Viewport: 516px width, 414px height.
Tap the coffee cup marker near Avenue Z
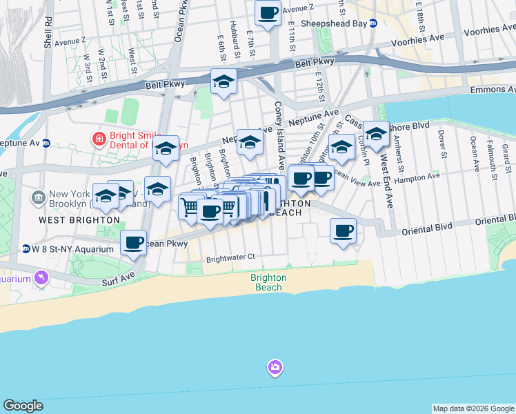268,12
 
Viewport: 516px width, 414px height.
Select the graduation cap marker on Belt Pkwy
224,82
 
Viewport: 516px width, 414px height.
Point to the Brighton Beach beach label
268,282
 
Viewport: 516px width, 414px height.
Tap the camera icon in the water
275,367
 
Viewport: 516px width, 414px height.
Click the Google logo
23,406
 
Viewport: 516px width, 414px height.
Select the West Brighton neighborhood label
79,220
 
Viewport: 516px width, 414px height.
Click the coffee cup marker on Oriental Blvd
342,231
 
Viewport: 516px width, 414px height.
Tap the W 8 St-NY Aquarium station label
72,248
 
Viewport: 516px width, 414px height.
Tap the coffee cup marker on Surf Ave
134,243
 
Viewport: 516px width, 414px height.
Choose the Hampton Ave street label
421,177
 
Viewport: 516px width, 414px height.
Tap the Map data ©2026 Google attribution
473,408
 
